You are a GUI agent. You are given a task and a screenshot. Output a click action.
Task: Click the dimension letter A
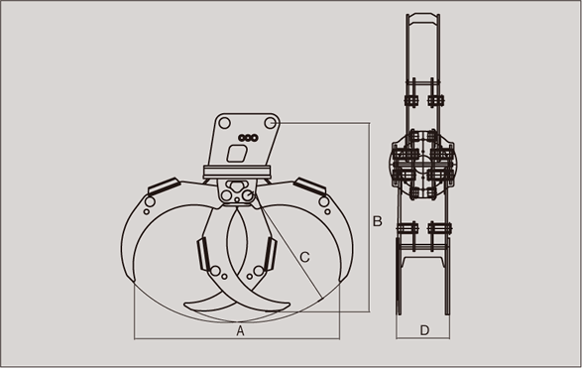pyautogui.click(x=241, y=330)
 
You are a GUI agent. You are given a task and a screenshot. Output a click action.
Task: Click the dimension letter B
pyautogui.click(x=377, y=221)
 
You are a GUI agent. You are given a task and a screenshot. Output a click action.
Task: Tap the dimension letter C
pyautogui.click(x=304, y=257)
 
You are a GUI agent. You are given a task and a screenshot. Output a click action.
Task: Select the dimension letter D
pyautogui.click(x=424, y=330)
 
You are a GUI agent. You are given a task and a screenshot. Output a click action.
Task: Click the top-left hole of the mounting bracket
pyautogui.click(x=224, y=123)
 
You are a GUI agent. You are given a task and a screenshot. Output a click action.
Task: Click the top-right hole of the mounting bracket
pyautogui.click(x=271, y=123)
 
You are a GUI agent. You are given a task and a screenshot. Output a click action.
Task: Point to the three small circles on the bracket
pyautogui.click(x=248, y=138)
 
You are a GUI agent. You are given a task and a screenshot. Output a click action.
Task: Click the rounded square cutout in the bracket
pyautogui.click(x=237, y=154)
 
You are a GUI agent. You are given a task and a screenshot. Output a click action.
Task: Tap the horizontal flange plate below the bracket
pyautogui.click(x=237, y=172)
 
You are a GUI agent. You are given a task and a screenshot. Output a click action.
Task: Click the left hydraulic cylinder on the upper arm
pyautogui.click(x=164, y=186)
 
